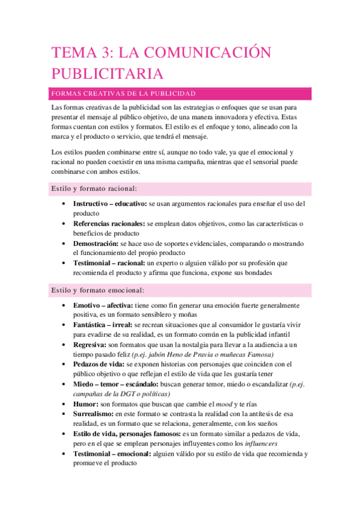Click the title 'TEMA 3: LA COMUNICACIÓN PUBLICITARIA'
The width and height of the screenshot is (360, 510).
point(161,63)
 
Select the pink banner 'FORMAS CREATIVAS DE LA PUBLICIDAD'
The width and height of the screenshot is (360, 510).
point(124,94)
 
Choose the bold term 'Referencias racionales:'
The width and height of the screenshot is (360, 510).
point(109,223)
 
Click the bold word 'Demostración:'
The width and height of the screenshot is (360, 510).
point(95,244)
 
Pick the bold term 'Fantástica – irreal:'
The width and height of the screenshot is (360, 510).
point(103,325)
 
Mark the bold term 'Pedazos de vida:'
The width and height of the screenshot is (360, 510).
point(99,364)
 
